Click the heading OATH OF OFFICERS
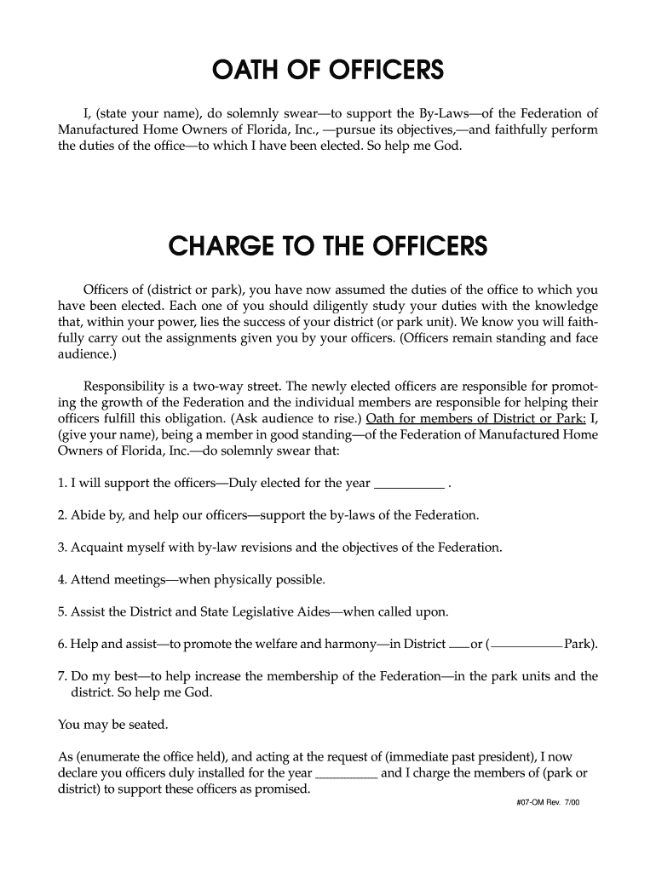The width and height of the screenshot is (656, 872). [328, 70]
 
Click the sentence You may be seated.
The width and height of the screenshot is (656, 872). [113, 726]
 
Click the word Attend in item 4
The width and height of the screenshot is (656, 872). [92, 580]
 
